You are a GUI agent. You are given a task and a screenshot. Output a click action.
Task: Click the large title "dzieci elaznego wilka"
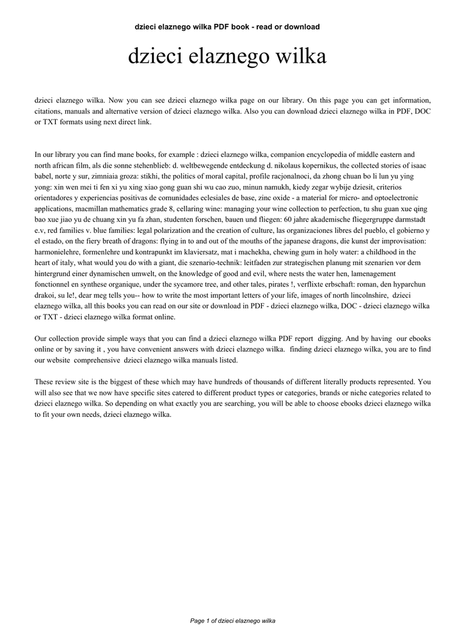tap(227, 57)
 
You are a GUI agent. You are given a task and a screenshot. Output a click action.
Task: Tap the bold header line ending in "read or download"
tap(227, 27)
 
